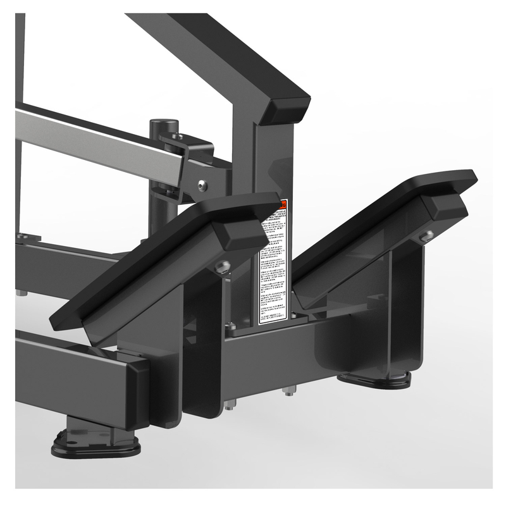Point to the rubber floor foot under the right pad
tap(374, 379)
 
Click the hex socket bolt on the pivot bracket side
tap(201, 185)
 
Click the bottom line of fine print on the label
tap(273, 320)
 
